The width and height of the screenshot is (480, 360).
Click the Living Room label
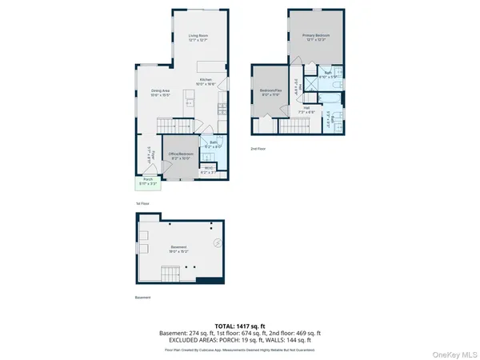198,37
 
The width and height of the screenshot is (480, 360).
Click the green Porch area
147,182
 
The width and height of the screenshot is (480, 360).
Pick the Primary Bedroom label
316,37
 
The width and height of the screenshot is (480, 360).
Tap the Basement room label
178,248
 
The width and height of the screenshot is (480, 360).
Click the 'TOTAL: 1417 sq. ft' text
240,326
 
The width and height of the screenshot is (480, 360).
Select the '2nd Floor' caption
258,149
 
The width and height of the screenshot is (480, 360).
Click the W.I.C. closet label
207,170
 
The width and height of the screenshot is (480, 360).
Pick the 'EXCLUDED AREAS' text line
240,340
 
